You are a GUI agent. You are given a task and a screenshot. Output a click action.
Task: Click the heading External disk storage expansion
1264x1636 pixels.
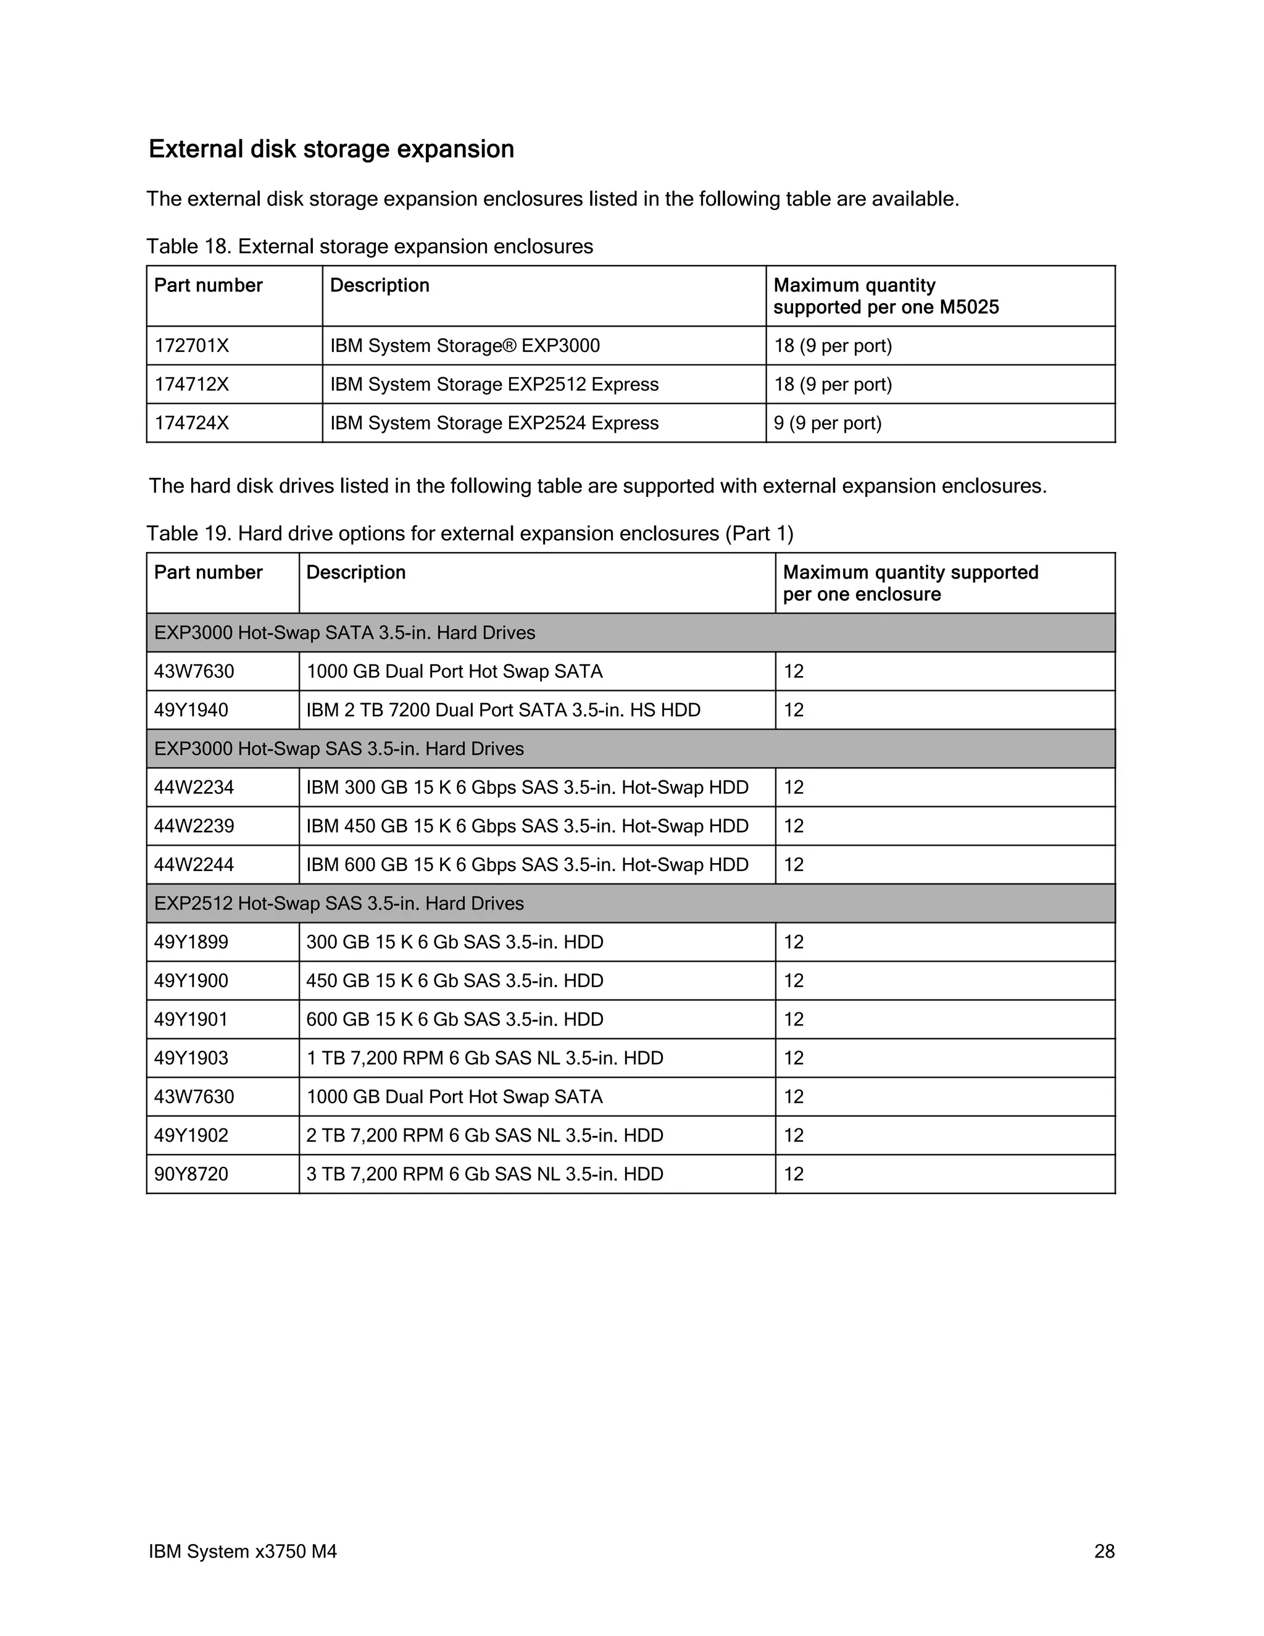point(331,149)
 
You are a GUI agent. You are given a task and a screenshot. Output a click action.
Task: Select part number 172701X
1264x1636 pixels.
point(192,346)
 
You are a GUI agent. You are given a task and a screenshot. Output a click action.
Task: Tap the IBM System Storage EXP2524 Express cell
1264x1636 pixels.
point(494,424)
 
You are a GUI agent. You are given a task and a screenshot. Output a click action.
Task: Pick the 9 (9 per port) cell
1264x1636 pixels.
point(828,424)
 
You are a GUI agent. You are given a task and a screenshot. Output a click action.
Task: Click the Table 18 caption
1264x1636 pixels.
point(369,246)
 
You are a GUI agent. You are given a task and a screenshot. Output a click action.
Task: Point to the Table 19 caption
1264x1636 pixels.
point(470,533)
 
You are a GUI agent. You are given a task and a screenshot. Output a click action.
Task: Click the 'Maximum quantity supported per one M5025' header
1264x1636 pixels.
point(886,296)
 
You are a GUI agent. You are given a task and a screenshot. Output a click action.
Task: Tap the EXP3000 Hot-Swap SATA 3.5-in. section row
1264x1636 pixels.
point(344,633)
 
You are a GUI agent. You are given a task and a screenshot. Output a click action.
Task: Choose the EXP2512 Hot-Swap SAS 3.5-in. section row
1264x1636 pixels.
point(338,903)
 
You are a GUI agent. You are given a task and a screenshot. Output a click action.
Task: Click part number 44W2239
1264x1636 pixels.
point(194,826)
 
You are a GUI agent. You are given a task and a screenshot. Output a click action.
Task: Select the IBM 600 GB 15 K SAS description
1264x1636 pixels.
point(527,865)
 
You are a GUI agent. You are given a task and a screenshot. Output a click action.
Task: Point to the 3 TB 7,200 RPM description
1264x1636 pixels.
point(484,1174)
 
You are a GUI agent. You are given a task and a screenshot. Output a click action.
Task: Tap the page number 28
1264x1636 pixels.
point(1104,1551)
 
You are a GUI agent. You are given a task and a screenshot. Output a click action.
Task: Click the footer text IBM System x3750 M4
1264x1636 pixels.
point(243,1551)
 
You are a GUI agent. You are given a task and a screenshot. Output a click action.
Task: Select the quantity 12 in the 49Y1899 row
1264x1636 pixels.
point(794,942)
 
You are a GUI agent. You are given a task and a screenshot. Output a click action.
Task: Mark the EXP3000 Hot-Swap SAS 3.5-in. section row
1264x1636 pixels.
point(338,749)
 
